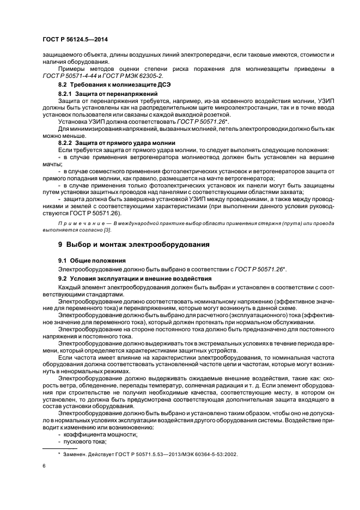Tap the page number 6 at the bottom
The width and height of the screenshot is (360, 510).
(x=44, y=467)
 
